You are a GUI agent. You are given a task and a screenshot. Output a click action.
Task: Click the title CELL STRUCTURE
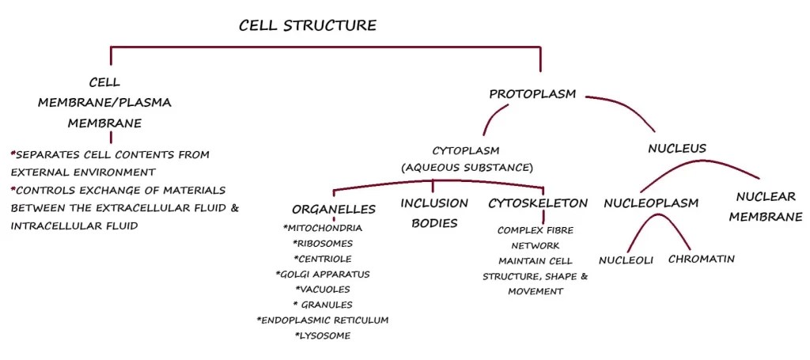tap(308, 25)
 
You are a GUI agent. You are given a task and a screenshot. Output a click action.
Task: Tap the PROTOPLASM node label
tap(532, 94)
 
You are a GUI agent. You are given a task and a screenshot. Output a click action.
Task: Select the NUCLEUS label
tap(676, 148)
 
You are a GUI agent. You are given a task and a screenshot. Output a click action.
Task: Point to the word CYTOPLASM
tap(466, 150)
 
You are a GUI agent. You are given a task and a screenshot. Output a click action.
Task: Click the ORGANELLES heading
tap(333, 210)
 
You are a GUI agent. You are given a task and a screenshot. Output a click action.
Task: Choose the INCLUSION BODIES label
tap(433, 213)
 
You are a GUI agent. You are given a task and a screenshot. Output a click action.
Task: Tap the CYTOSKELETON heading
tap(537, 203)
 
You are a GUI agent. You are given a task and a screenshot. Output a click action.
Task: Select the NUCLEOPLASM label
tap(651, 203)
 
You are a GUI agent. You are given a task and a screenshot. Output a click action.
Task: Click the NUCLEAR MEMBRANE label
tap(766, 207)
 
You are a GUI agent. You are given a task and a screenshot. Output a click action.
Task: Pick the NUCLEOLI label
tap(626, 260)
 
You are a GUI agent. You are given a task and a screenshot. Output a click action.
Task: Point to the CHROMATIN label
tap(702, 259)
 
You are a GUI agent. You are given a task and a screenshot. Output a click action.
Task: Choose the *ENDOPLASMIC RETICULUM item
tap(322, 320)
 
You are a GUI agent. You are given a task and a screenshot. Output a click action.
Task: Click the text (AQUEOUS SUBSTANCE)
tap(466, 168)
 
